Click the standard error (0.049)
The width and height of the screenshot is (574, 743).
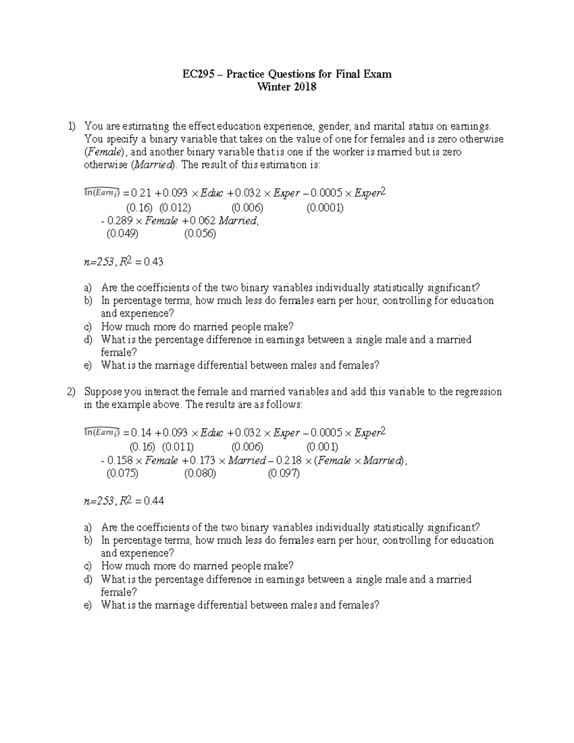coord(122,234)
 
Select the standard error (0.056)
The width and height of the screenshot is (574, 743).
coord(199,234)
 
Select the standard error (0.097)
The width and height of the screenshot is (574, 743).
coord(284,473)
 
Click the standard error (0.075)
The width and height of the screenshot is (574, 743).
coord(122,473)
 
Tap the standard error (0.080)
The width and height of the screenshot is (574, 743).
coord(199,473)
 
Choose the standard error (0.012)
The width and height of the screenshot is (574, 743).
coord(175,208)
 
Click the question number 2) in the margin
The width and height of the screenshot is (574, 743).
coord(71,392)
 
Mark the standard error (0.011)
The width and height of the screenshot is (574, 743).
coord(177,447)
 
